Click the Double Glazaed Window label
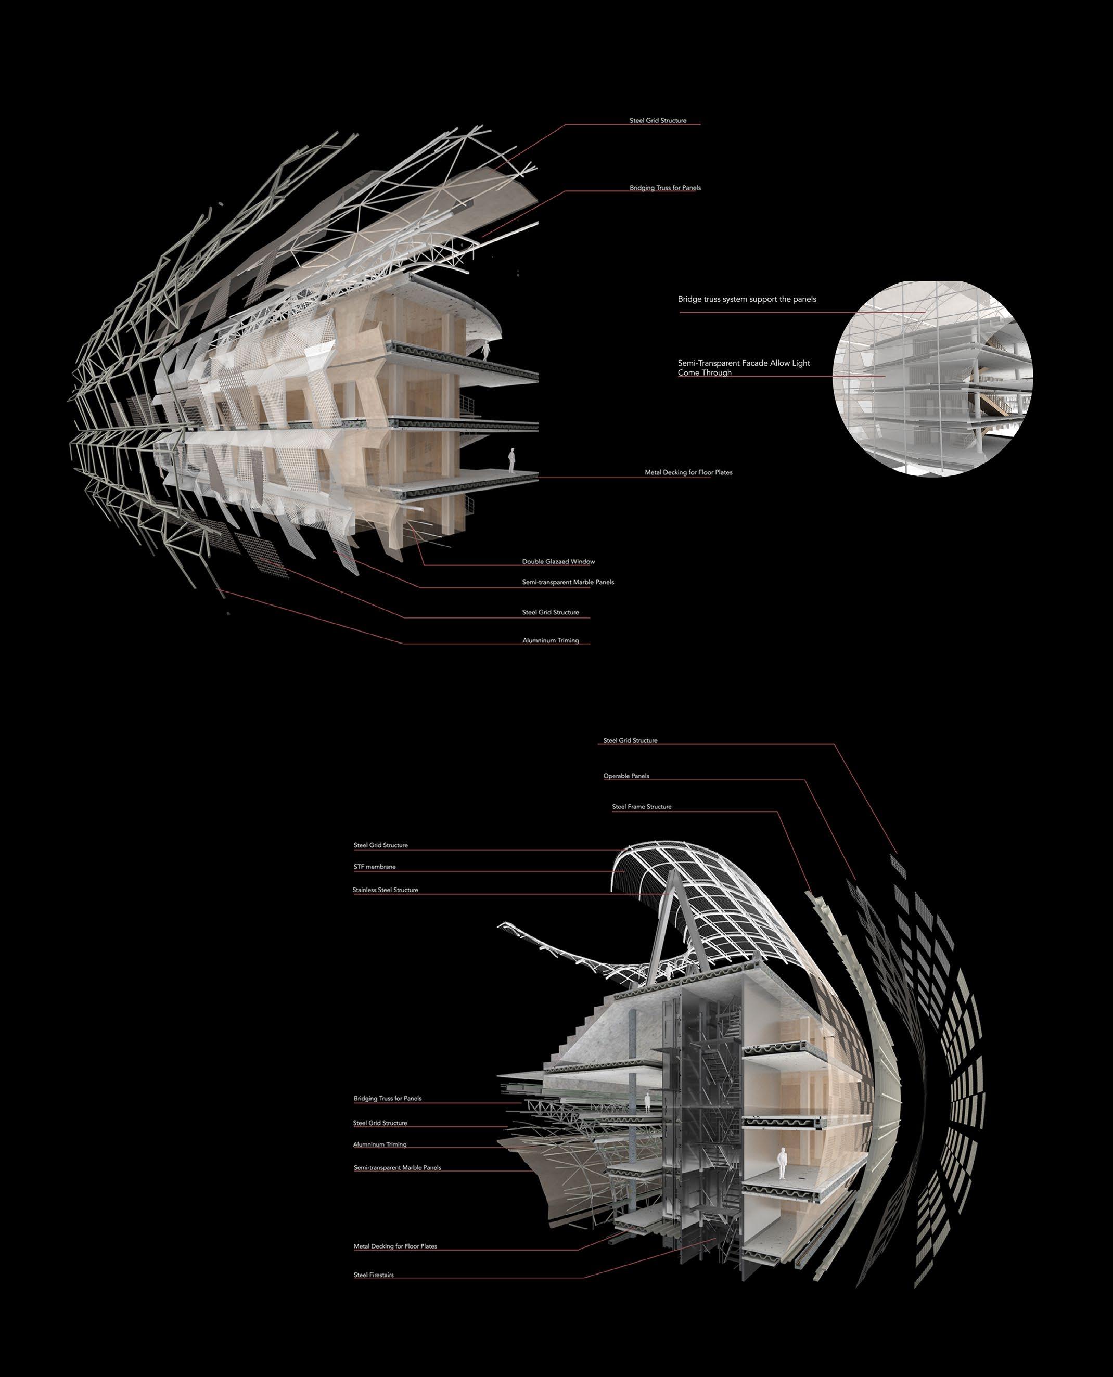pos(558,562)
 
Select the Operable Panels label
pos(626,776)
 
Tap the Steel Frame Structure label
pos(641,806)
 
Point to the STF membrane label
pos(375,867)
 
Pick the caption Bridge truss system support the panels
pos(746,299)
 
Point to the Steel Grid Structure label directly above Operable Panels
pos(630,740)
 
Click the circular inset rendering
pos(932,378)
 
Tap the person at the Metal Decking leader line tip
pos(511,460)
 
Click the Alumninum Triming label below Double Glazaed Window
pos(550,640)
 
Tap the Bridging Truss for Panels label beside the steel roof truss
pos(665,188)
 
